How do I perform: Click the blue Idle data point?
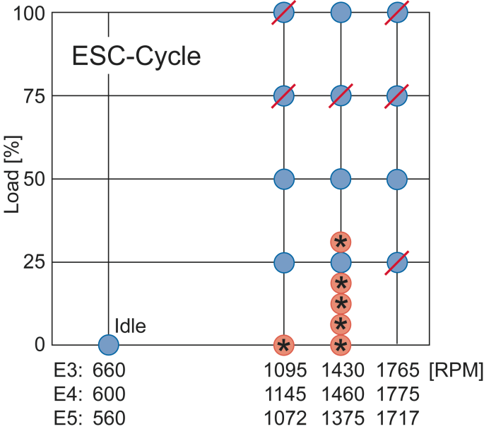coord(108,345)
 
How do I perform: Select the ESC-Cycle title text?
coord(136,57)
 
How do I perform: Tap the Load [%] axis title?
coord(12,179)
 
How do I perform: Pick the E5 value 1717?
coord(398,417)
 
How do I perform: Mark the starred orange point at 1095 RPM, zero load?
coord(283,345)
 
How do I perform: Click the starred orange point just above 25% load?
coord(341,242)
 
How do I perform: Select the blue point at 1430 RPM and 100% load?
coord(341,13)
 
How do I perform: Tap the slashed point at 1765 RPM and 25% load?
coord(398,262)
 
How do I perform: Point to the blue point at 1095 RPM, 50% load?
coord(283,180)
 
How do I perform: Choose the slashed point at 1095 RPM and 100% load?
coord(283,13)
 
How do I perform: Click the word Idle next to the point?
coord(130,327)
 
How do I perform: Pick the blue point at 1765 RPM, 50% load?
coord(398,180)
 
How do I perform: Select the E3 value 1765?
coord(398,370)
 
